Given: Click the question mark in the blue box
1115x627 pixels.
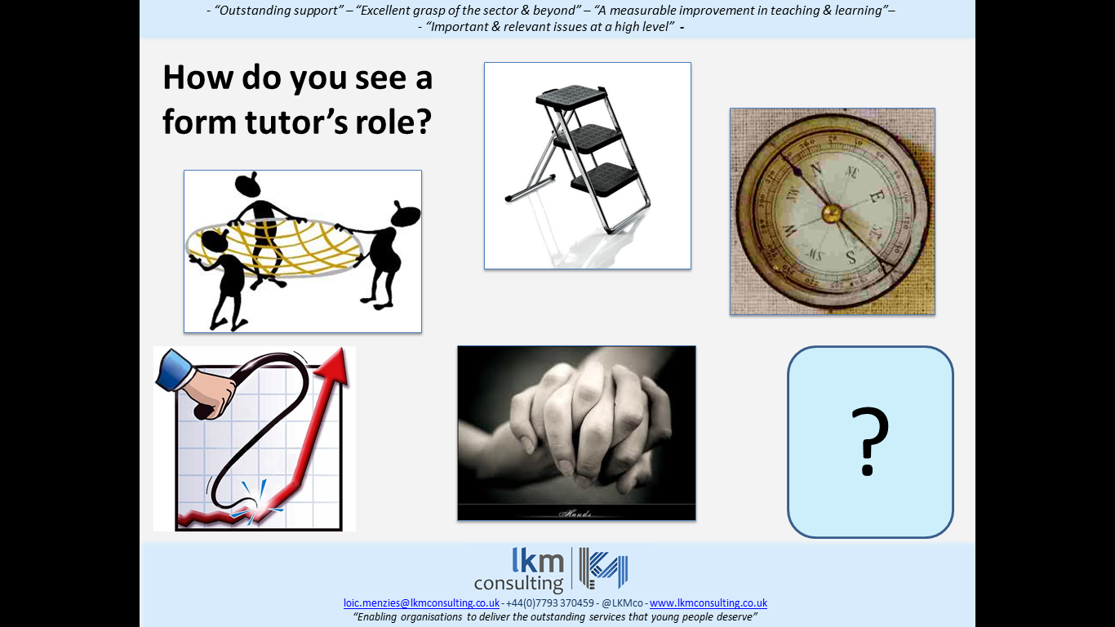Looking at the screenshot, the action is click(869, 441).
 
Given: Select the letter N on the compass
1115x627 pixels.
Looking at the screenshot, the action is click(815, 170).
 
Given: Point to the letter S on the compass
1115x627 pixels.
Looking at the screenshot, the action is click(851, 257).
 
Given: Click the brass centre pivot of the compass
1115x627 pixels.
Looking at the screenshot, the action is click(831, 214).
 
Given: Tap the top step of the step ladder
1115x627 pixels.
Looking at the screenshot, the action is click(572, 96).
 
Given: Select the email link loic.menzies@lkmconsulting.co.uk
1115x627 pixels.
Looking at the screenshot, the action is click(421, 603).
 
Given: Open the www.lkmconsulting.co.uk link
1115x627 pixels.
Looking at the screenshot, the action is click(709, 603).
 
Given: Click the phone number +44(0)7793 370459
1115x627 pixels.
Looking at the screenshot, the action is click(549, 603).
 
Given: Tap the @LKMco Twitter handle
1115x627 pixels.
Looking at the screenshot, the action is click(622, 603).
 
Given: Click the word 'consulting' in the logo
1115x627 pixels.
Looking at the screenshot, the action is click(518, 583).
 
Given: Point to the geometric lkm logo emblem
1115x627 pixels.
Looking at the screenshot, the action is click(603, 568).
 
